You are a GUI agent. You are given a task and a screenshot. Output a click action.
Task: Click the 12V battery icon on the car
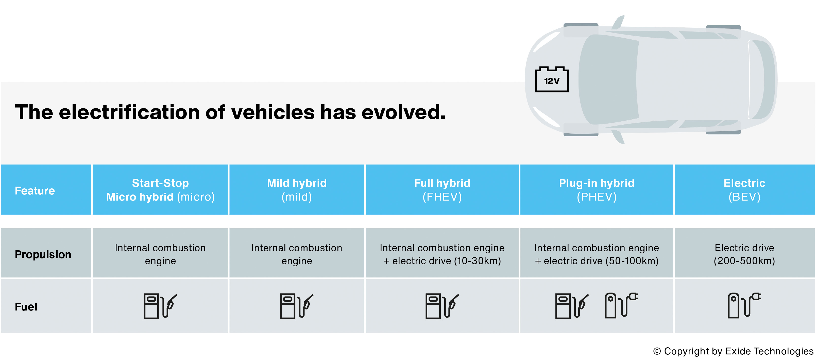click(552, 79)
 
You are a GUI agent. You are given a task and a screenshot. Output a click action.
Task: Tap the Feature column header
click(35, 190)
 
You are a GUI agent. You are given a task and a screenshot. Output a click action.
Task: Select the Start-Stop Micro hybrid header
click(160, 190)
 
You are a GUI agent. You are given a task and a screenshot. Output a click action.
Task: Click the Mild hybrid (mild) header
click(297, 190)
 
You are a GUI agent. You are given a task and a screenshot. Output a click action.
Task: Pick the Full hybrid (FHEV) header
click(442, 190)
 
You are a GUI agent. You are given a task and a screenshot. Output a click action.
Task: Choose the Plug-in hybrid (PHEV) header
click(597, 190)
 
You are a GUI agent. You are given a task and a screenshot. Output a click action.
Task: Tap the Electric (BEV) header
click(744, 190)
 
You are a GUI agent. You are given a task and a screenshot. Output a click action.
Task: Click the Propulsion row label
click(43, 254)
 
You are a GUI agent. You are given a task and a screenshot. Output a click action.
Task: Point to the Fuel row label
click(26, 306)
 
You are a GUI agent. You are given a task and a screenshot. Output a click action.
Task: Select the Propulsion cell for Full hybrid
click(442, 254)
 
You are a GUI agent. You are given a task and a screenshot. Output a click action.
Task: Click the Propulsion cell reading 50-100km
click(597, 254)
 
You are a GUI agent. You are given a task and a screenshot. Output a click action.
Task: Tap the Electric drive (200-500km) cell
click(744, 254)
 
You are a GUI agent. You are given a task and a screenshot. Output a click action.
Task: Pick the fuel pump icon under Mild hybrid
click(297, 306)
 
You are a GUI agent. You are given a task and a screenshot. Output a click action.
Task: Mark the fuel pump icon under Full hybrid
click(442, 306)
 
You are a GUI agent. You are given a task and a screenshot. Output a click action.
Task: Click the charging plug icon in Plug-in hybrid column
click(621, 305)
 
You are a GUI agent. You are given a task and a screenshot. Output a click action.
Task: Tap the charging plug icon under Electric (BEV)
click(744, 305)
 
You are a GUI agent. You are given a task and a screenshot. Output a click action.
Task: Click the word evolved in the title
click(404, 112)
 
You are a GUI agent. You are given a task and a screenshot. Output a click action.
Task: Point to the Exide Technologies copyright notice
click(733, 351)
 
